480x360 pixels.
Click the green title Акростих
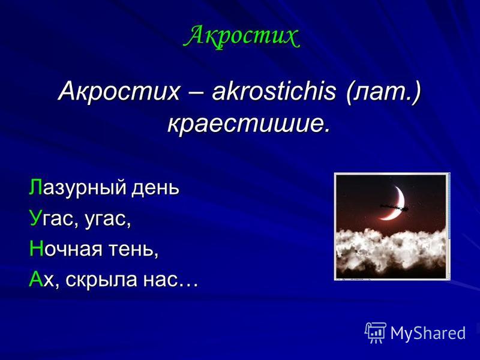(x=242, y=37)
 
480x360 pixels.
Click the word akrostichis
(x=274, y=91)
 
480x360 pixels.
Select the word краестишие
(x=249, y=124)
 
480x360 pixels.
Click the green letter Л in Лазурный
(x=36, y=187)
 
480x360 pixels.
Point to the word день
(x=155, y=188)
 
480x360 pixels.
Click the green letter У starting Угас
(x=35, y=218)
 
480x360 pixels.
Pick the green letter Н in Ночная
(x=35, y=248)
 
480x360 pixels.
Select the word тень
(x=133, y=248)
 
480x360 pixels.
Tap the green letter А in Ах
(x=36, y=279)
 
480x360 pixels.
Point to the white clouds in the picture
(x=391, y=251)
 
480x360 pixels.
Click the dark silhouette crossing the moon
(x=394, y=207)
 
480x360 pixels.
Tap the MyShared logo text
(x=428, y=333)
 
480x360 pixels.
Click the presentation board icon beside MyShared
(x=376, y=332)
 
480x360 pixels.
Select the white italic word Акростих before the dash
(x=119, y=91)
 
